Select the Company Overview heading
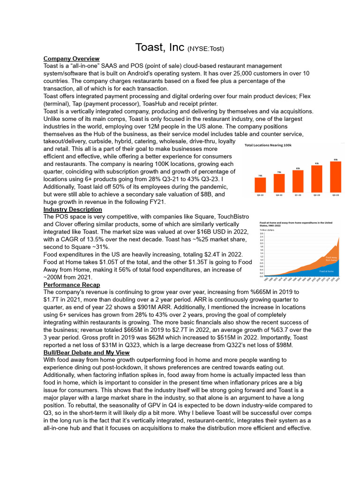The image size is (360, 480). [x=71, y=59]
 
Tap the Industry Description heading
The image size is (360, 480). [x=73, y=209]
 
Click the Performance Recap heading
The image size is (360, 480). [x=71, y=285]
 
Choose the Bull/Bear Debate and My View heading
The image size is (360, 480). [x=86, y=352]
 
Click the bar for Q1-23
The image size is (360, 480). [x=298, y=181]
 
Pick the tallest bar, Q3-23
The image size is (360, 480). [x=335, y=177]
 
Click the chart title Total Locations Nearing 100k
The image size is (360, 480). [x=268, y=145]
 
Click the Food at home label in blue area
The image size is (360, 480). [x=326, y=271]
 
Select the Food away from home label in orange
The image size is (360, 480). [x=331, y=258]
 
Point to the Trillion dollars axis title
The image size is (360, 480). [x=267, y=230]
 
